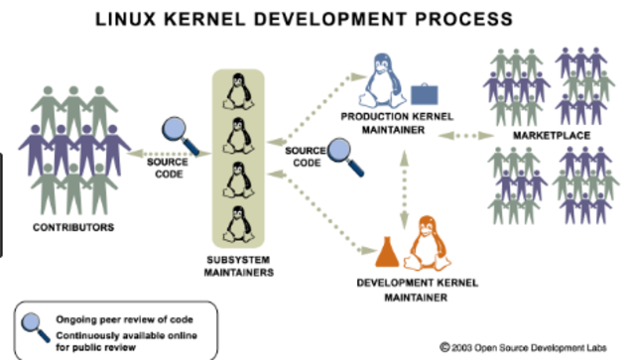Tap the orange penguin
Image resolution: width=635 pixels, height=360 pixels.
click(430, 241)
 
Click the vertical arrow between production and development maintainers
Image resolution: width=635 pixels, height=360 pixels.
click(404, 185)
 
